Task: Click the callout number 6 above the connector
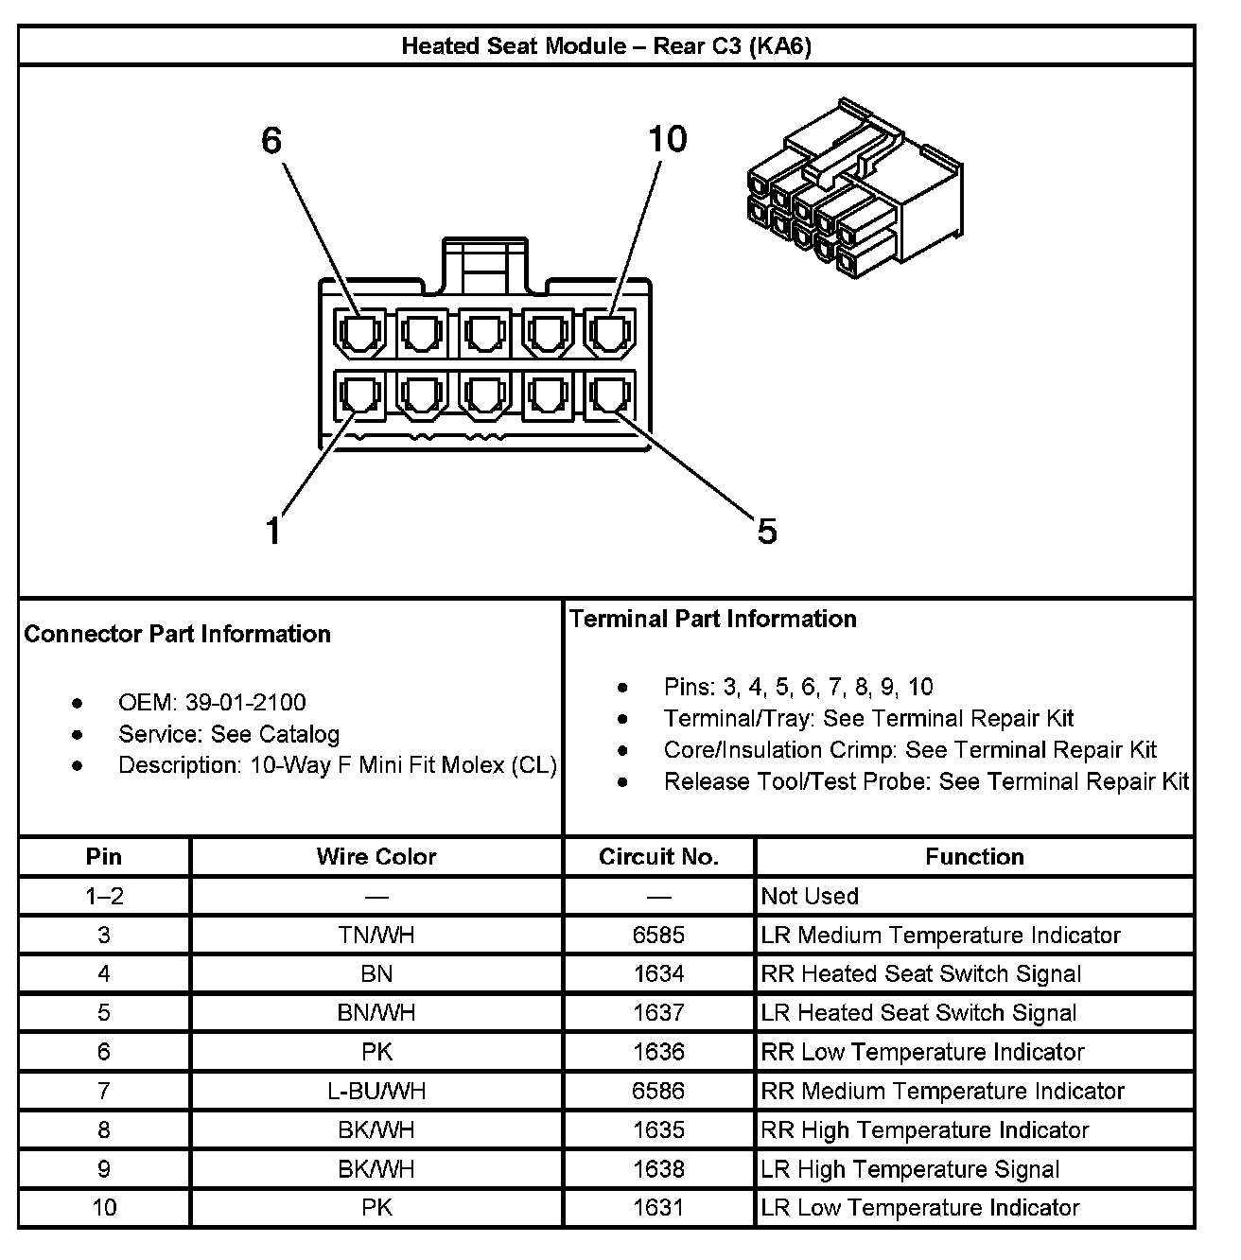click(271, 141)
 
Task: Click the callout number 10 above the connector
click(667, 139)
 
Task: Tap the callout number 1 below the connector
click(273, 531)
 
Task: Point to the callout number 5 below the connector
click(766, 531)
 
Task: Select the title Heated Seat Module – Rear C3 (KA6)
click(606, 46)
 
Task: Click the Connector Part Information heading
click(178, 634)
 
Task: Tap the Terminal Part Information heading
click(713, 619)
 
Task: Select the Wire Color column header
click(376, 857)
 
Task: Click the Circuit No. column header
click(659, 857)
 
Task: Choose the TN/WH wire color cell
click(376, 936)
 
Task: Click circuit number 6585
click(659, 936)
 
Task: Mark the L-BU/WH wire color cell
click(376, 1091)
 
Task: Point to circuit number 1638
click(659, 1169)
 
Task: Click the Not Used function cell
click(811, 896)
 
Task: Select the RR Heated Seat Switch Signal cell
click(921, 974)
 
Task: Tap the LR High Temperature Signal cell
click(910, 1169)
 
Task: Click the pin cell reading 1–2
click(104, 896)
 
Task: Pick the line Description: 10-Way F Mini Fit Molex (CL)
click(337, 765)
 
